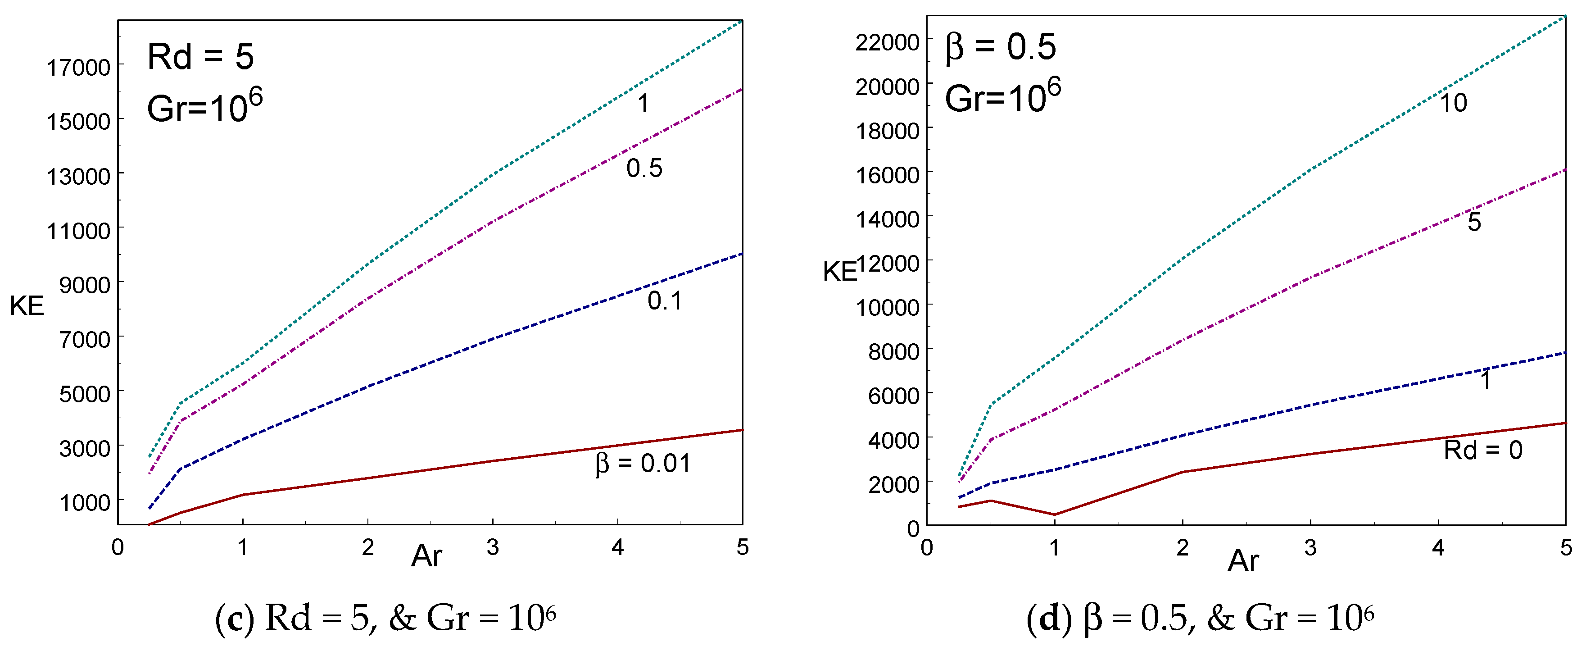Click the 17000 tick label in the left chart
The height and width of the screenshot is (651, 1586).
78,67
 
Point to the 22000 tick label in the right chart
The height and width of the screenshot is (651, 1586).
887,42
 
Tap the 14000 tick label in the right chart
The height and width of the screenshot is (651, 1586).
887,219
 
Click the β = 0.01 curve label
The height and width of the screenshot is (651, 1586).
642,463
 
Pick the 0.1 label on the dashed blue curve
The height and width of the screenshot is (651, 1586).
664,300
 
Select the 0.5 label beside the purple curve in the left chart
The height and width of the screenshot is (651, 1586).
644,168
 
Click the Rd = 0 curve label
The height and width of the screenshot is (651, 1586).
1482,450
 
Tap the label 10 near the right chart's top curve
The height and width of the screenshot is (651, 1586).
1453,103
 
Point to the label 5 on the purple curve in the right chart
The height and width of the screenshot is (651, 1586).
1474,222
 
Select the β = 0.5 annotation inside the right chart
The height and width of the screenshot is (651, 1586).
1001,47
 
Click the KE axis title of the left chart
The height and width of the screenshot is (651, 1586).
27,306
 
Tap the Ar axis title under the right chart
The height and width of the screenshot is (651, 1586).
1243,561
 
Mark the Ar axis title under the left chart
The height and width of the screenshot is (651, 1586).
426,556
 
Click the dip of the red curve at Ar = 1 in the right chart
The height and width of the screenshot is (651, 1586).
1055,514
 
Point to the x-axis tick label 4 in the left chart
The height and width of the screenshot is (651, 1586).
617,547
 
